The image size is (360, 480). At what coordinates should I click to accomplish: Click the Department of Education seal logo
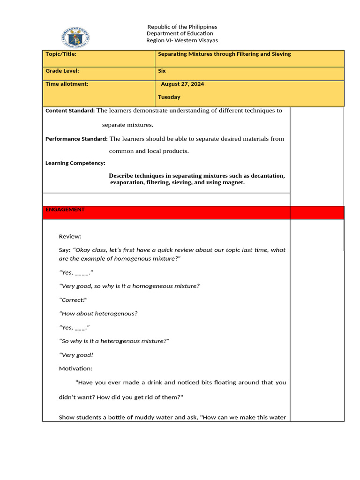tap(75, 37)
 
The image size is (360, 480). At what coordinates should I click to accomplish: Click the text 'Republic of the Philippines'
tap(182, 27)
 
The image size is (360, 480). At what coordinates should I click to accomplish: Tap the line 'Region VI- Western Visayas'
tap(182, 40)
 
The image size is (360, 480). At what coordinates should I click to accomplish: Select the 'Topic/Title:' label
tap(61, 54)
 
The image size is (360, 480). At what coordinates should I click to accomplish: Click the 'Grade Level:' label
tap(62, 71)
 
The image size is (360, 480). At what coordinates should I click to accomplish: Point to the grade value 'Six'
tap(162, 71)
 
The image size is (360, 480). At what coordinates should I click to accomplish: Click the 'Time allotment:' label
tap(67, 84)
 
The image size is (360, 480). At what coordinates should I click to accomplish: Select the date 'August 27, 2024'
tap(182, 84)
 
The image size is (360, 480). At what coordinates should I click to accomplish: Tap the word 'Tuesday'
tap(169, 97)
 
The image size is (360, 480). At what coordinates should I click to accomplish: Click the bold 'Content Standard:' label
tap(70, 111)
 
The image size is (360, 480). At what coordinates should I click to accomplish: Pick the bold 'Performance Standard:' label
tap(76, 139)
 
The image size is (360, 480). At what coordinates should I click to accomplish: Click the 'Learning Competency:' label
tap(75, 163)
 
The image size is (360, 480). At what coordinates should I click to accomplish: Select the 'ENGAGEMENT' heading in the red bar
tap(65, 210)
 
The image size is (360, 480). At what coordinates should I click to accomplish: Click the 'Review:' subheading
tap(70, 236)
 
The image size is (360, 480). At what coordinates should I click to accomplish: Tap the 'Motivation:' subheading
tap(75, 368)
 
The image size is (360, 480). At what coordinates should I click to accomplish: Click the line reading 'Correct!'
tap(74, 300)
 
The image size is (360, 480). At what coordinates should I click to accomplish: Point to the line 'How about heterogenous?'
tap(98, 314)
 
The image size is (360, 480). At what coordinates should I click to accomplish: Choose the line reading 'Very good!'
tap(76, 355)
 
